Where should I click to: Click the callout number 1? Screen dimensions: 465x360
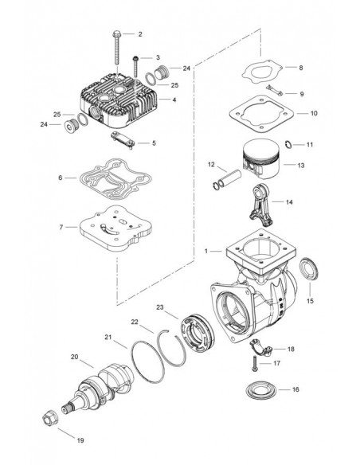point(206,251)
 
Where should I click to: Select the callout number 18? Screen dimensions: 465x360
point(291,349)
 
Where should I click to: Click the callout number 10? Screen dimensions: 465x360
point(291,114)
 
